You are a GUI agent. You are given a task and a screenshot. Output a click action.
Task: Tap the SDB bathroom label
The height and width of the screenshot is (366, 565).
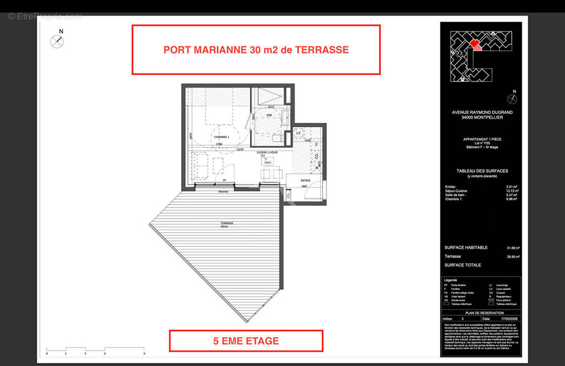click(269, 115)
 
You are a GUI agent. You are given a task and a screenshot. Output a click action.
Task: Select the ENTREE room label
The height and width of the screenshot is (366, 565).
click(305, 179)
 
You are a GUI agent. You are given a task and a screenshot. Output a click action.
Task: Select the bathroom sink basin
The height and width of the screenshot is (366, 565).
click(286, 116)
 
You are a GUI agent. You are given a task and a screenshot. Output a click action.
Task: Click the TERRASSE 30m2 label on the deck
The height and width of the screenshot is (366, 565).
click(227, 225)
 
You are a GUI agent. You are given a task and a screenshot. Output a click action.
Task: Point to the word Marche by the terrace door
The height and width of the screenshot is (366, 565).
click(223, 191)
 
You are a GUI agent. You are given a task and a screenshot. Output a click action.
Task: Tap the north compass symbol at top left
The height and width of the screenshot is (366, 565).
click(57, 41)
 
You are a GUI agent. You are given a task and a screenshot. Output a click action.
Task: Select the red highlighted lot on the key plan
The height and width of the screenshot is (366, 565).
click(475, 44)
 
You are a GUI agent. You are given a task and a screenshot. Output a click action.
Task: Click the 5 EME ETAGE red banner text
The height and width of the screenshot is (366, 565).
click(246, 341)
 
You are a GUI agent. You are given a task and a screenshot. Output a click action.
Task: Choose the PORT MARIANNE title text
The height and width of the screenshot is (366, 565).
click(256, 50)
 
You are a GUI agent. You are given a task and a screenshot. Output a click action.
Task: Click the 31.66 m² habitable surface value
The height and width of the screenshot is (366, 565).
click(512, 248)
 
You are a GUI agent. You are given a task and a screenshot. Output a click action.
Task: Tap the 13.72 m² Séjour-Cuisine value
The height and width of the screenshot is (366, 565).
click(511, 191)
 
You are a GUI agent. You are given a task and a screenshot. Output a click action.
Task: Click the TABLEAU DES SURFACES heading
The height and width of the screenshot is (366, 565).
click(482, 171)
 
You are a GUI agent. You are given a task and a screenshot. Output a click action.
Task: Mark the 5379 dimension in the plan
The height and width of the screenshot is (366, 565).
click(240, 150)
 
